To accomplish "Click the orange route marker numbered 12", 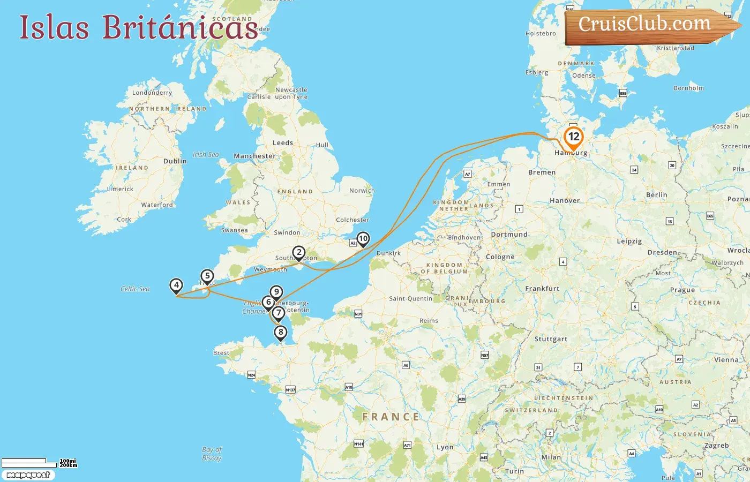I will (x=573, y=137).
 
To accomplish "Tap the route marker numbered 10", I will (x=363, y=239).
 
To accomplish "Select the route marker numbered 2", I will (x=299, y=253).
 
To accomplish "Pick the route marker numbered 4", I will (x=176, y=285).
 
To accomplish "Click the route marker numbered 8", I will (x=280, y=333).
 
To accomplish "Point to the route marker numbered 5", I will (x=207, y=276).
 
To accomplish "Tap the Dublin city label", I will (x=175, y=161).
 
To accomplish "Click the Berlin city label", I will (x=656, y=195).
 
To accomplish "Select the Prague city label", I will (x=682, y=290).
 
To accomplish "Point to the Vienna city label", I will (x=726, y=360).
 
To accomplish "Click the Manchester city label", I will (x=254, y=156).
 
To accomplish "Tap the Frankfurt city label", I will (x=542, y=289).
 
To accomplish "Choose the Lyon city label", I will (x=445, y=447).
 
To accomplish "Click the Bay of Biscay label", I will (x=212, y=454).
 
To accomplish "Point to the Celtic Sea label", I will (x=135, y=289).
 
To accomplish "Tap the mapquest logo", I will (x=28, y=475).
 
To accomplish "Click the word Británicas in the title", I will (x=180, y=27).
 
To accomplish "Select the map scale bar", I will (x=29, y=462).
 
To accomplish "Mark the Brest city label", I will (x=221, y=353).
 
